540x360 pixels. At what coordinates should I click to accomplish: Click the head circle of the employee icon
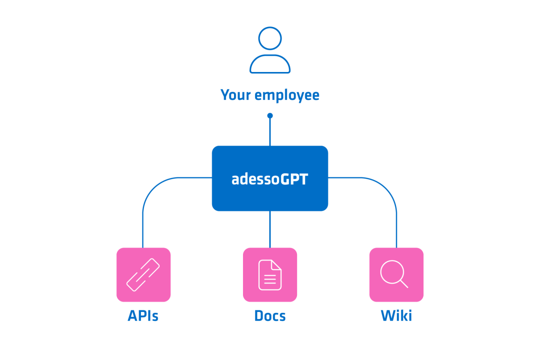[x=270, y=27]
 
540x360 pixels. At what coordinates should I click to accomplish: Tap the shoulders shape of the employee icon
[x=270, y=55]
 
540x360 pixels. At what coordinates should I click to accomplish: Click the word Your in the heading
[x=236, y=95]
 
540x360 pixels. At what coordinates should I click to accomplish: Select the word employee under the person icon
[x=287, y=96]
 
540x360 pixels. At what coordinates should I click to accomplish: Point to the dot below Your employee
[x=270, y=116]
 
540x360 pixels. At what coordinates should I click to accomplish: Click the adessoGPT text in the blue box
[x=270, y=179]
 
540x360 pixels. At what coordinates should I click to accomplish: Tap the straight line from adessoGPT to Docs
[x=270, y=229]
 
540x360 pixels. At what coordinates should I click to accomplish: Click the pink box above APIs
[x=144, y=274]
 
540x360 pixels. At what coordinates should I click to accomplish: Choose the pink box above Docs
[x=270, y=274]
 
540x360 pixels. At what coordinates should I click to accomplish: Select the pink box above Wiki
[x=396, y=274]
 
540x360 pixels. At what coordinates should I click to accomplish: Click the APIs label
[x=143, y=315]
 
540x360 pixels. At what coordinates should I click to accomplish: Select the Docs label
[x=270, y=315]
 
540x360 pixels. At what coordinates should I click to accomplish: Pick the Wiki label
[x=396, y=315]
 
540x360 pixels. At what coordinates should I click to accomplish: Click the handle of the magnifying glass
[x=404, y=284]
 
